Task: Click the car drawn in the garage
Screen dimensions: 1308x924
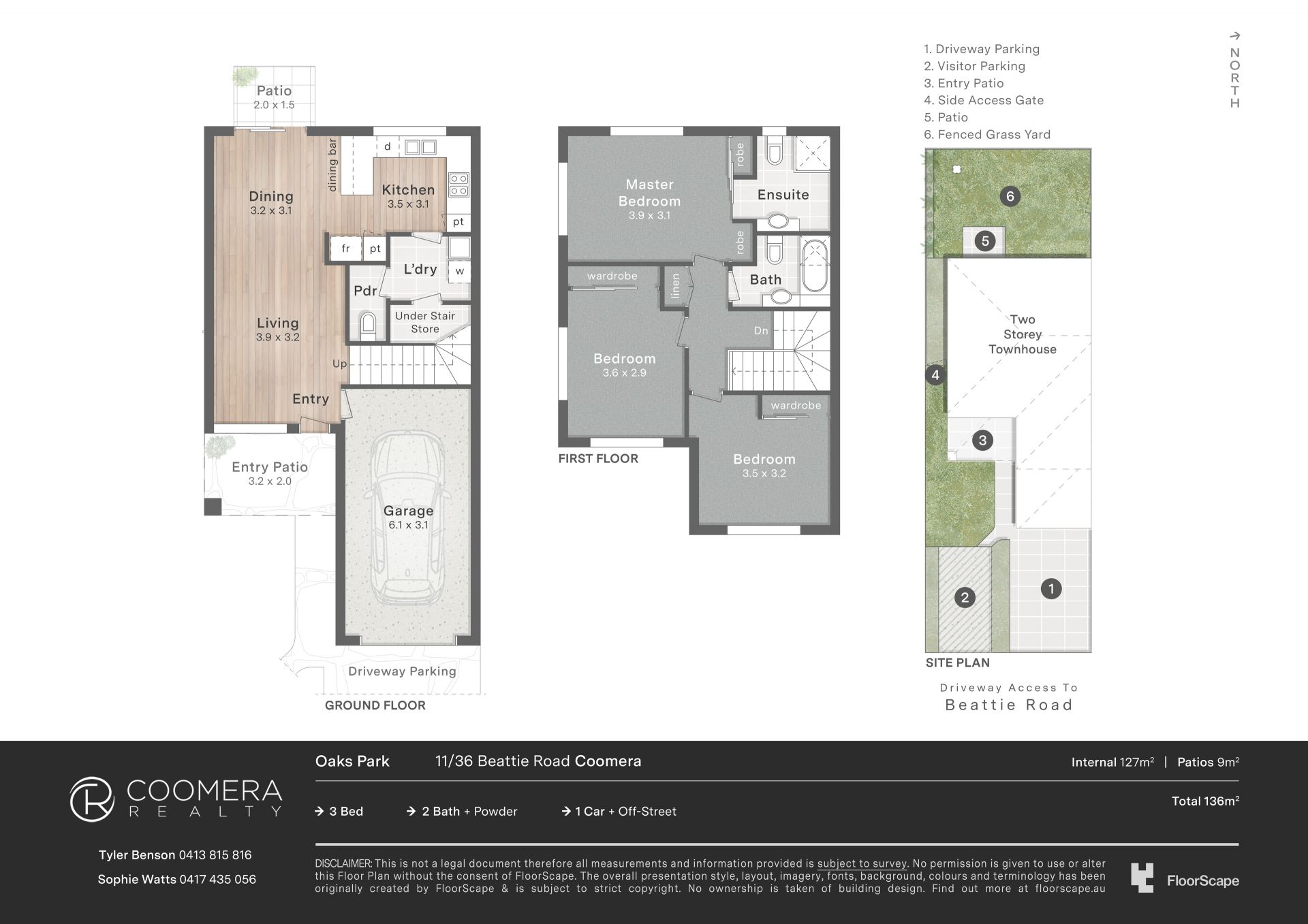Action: tap(407, 518)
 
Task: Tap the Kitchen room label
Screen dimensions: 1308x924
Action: tap(408, 190)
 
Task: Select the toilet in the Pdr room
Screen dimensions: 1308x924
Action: tap(367, 326)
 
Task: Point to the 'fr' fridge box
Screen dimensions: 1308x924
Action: tap(345, 249)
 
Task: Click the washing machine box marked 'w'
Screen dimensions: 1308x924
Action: tap(459, 270)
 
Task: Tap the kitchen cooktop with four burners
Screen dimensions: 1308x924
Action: tap(458, 185)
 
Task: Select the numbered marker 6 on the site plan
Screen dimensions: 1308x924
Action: tap(1010, 197)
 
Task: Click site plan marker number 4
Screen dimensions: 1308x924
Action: tap(935, 375)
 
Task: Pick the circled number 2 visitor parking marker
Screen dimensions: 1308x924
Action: tap(964, 598)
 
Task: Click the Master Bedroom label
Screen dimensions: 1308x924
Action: tap(649, 193)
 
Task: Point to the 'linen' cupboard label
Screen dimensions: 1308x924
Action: tap(675, 286)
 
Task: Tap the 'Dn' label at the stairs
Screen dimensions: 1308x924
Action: tap(761, 331)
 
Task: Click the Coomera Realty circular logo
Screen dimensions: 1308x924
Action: tap(92, 799)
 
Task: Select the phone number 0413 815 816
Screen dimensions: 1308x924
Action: tap(215, 855)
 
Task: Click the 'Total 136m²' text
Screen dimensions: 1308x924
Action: tap(1205, 801)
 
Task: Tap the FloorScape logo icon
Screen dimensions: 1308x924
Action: tap(1142, 878)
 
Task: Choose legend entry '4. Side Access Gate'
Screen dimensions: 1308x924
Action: tap(984, 100)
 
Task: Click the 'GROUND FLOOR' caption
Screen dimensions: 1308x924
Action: tap(375, 705)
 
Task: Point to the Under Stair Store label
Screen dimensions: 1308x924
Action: tap(425, 322)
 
